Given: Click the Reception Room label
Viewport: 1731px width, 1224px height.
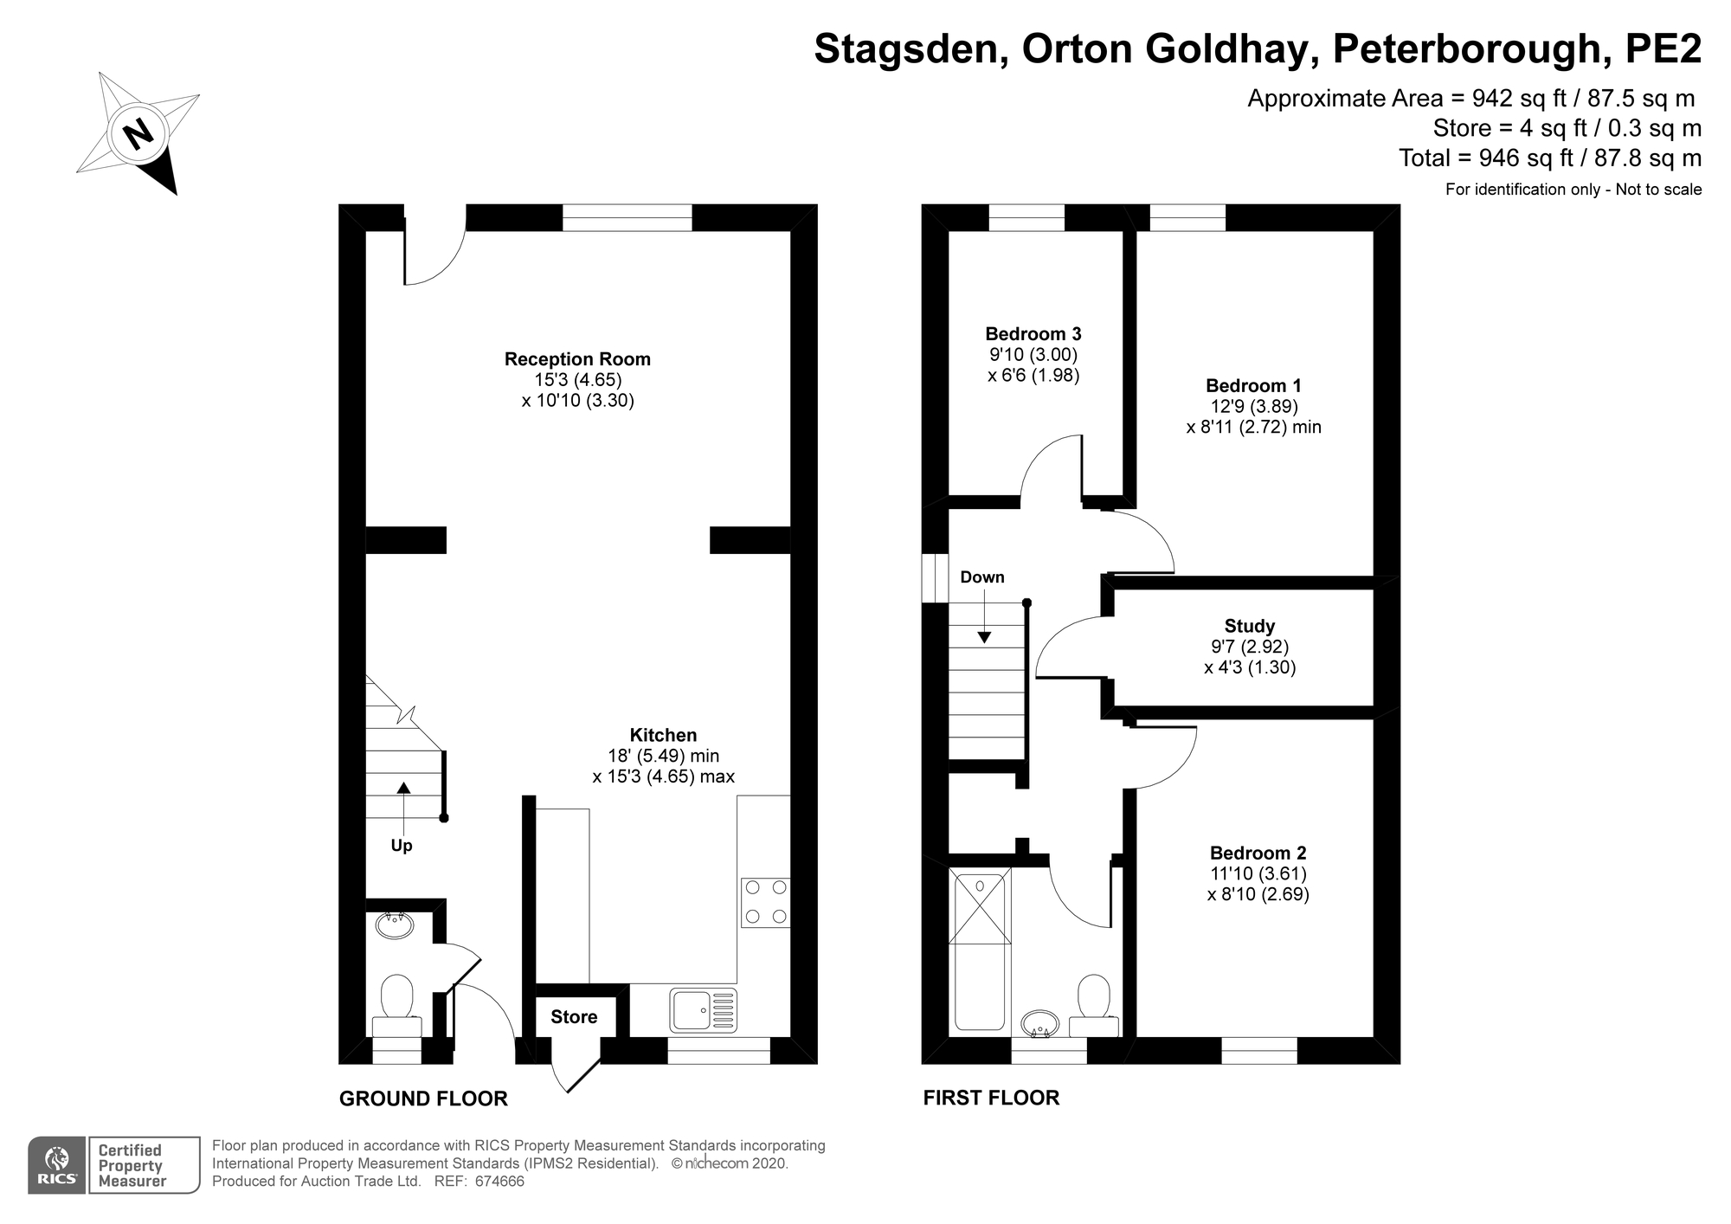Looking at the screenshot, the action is pos(577,359).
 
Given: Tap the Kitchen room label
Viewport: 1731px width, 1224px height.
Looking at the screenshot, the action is pos(663,735).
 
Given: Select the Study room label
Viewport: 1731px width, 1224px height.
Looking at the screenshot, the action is pos(1250,626).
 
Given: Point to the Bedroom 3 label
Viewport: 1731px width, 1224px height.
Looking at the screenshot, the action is pos(1033,334).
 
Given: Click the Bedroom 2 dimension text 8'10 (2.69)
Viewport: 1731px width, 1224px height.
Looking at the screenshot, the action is pos(1258,894).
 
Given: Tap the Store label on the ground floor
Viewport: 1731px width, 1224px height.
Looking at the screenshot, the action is pos(574,1017).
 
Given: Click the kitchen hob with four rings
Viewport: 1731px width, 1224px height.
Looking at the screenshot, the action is pos(766,903).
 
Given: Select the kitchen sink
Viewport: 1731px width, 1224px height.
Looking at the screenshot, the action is pos(703,1010).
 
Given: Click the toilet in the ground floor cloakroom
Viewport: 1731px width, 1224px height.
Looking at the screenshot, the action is pos(397,1006).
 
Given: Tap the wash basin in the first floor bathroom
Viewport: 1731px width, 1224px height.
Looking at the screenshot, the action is pos(1040,1024).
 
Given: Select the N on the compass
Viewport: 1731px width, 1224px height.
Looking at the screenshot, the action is pos(138,134).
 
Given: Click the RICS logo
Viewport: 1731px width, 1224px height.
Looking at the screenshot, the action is pos(57,1165).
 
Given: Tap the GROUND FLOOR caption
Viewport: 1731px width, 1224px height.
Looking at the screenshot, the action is pos(423,1098).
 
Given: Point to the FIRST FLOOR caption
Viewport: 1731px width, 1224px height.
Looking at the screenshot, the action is pos(991,1098).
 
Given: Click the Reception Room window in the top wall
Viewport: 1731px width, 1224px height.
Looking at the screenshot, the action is pos(627,217).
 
